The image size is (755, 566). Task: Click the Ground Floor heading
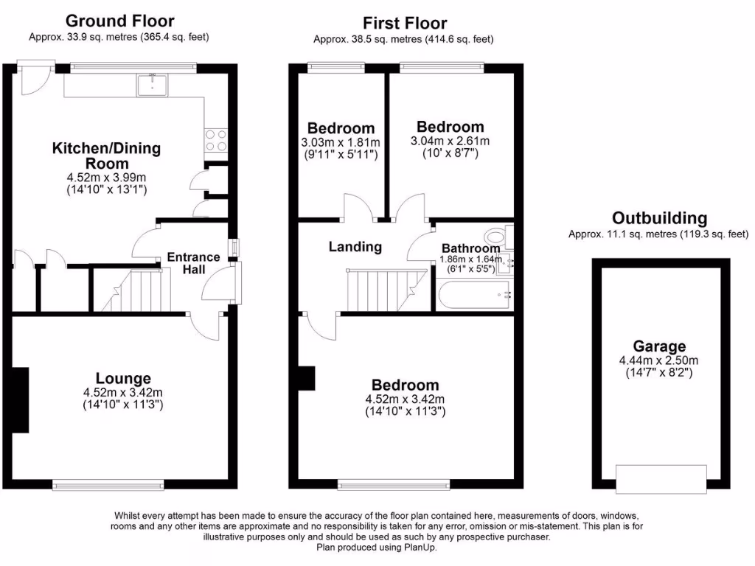119,21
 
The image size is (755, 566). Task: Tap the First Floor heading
404,23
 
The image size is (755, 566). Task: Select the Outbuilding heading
659,218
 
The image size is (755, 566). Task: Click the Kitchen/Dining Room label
105,156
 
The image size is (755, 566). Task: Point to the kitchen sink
153,85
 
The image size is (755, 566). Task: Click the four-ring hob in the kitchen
215,140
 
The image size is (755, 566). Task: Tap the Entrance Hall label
193,264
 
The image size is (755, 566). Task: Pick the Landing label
355,247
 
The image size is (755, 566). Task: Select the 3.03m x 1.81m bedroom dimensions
341,141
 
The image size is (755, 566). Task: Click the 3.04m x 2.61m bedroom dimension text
450,141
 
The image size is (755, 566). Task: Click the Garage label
659,346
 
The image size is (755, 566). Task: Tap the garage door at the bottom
661,479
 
